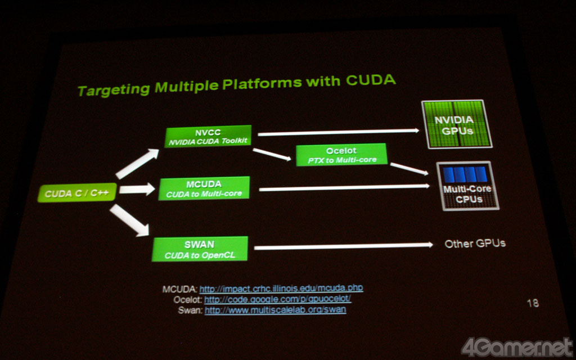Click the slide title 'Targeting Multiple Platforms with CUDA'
[236, 85]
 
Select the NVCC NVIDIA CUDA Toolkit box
[208, 137]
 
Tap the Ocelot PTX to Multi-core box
[341, 155]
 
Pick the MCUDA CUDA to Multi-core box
[204, 188]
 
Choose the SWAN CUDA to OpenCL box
[200, 249]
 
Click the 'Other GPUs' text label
[475, 244]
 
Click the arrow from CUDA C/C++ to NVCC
[137, 164]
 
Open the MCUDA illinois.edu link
[281, 288]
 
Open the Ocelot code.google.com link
[277, 299]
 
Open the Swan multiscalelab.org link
[275, 309]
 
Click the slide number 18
[532, 303]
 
